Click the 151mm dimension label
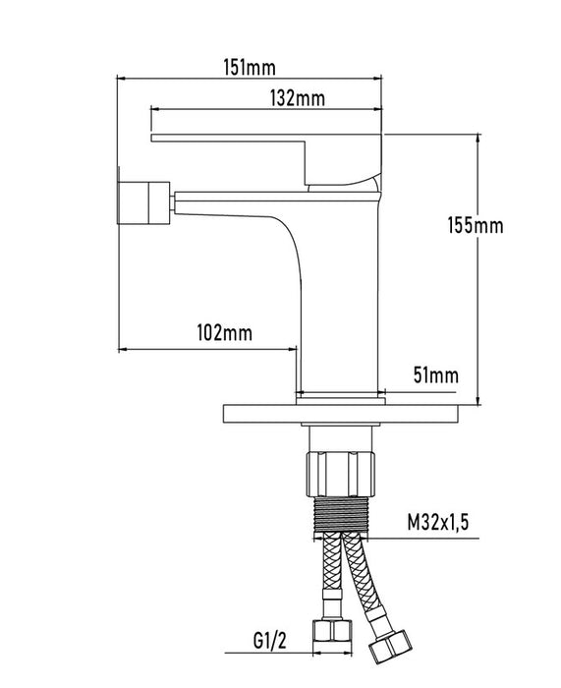pyautogui.click(x=250, y=68)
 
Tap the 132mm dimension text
pyautogui.click(x=298, y=98)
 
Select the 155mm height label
pyautogui.click(x=476, y=225)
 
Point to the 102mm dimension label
pyautogui.click(x=225, y=332)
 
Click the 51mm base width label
pyautogui.click(x=436, y=375)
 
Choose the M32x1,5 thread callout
pyautogui.click(x=438, y=522)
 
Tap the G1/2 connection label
pyautogui.click(x=270, y=641)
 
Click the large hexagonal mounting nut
pyautogui.click(x=340, y=474)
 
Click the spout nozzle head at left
pyautogui.click(x=143, y=202)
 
